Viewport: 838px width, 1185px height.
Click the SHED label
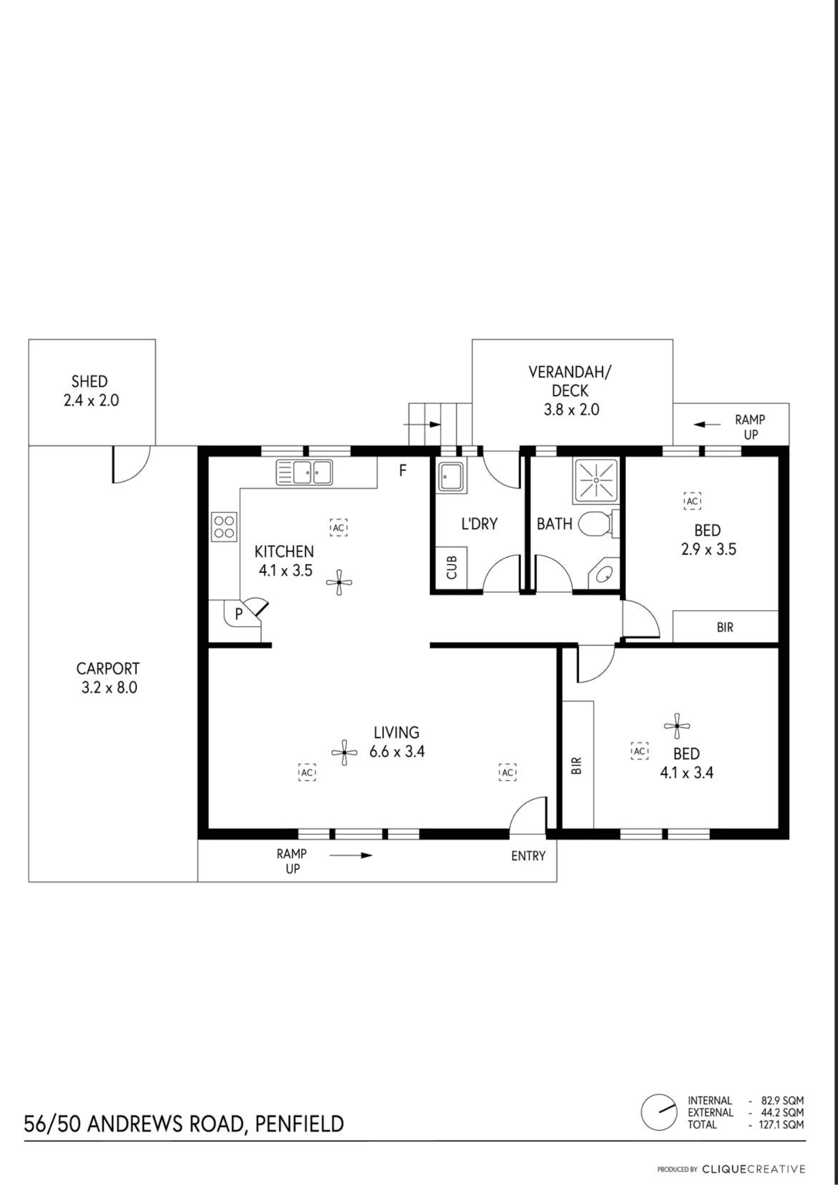(x=89, y=381)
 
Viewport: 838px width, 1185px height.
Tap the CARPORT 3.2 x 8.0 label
(x=108, y=678)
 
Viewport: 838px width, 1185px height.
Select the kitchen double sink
(x=304, y=472)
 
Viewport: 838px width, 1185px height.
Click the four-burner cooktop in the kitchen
(x=224, y=527)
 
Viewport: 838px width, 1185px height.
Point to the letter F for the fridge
(x=403, y=470)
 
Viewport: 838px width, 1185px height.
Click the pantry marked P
(x=239, y=614)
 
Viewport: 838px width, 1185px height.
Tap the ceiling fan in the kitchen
(x=339, y=582)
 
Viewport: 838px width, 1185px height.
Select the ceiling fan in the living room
(x=344, y=752)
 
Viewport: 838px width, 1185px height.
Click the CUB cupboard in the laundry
(x=452, y=568)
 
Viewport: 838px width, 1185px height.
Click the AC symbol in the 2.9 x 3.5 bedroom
(x=692, y=501)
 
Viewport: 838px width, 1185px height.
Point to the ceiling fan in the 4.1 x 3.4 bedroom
(x=677, y=726)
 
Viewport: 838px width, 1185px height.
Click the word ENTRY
(x=528, y=856)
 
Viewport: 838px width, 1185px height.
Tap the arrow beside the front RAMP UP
(x=351, y=855)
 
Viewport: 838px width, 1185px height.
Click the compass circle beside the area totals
(x=659, y=1112)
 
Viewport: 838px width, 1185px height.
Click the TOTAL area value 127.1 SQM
(x=782, y=1124)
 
